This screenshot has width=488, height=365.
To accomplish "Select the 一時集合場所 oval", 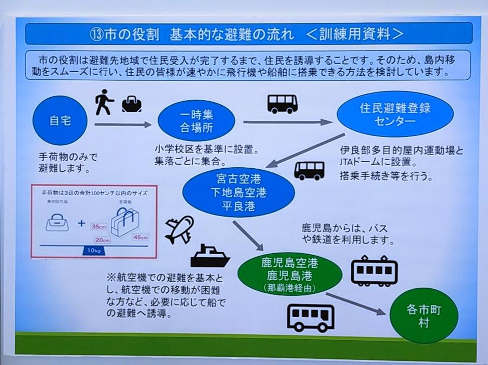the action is [196, 120].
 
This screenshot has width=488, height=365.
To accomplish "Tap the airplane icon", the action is [179, 228].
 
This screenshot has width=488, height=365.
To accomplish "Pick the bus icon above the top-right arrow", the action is [283, 104].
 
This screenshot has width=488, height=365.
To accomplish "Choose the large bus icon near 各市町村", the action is [311, 317].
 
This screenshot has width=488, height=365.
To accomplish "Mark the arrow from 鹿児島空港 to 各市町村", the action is [355, 303].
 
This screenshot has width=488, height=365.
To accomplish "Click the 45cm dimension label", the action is [139, 237].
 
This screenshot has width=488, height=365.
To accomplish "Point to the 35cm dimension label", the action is [99, 227].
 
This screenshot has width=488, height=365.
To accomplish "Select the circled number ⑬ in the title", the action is [97, 34].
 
